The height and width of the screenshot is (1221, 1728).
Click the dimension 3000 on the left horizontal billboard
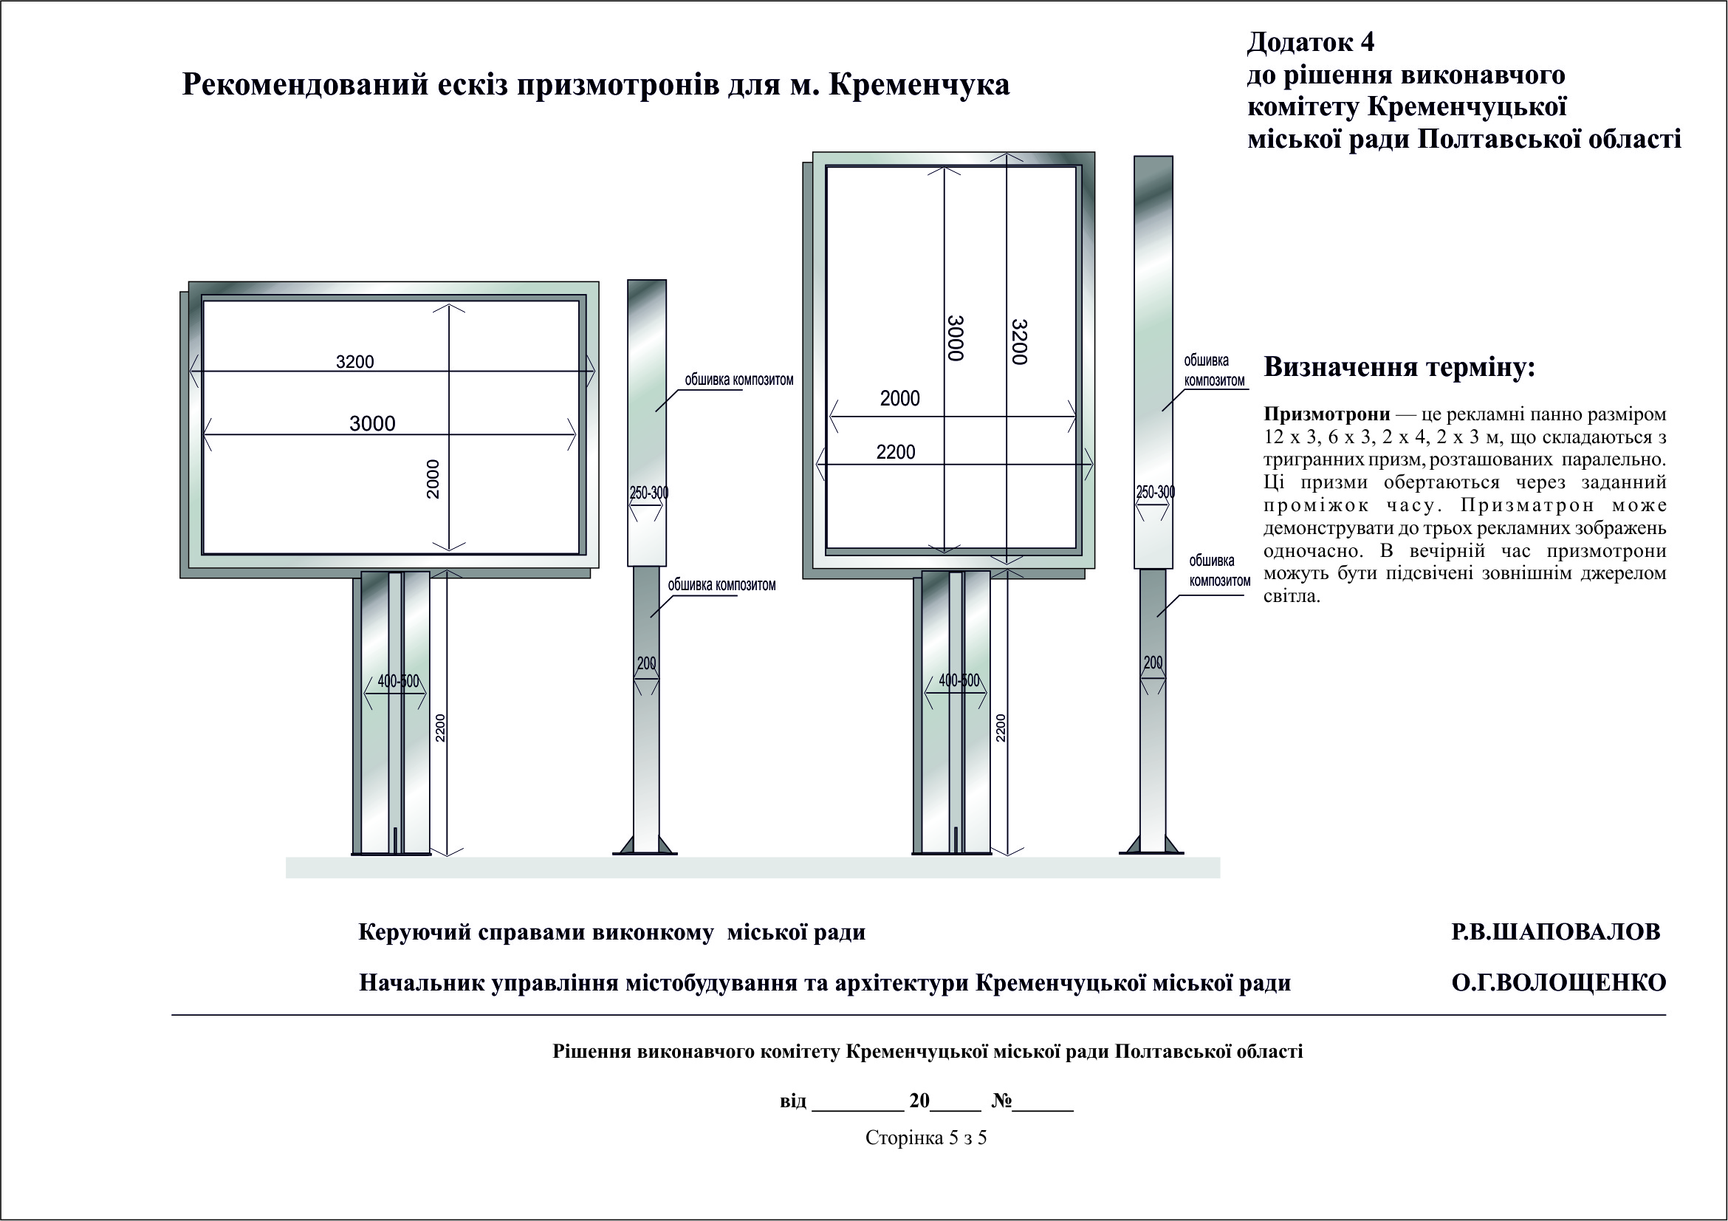[x=372, y=424]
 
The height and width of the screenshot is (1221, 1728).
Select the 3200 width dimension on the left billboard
[x=354, y=362]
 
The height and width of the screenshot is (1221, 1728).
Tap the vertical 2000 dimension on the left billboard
[x=433, y=479]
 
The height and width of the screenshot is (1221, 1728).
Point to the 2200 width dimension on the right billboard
[x=896, y=452]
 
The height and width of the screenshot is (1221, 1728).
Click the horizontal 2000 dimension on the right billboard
[x=900, y=399]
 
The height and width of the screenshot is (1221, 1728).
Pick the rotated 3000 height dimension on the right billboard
[x=955, y=339]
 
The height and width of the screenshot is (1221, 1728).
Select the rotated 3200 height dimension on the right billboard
[x=1019, y=342]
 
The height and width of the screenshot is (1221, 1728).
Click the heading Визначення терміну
[x=1399, y=367]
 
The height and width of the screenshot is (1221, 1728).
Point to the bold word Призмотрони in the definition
[x=1327, y=414]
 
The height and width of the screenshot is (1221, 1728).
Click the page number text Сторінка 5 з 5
[x=926, y=1138]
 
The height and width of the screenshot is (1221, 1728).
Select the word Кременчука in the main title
[x=919, y=85]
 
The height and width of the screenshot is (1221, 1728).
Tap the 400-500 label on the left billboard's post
[x=397, y=681]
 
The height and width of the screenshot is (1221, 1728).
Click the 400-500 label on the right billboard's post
[x=959, y=680]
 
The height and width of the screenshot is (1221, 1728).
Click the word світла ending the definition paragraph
[x=1292, y=597]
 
